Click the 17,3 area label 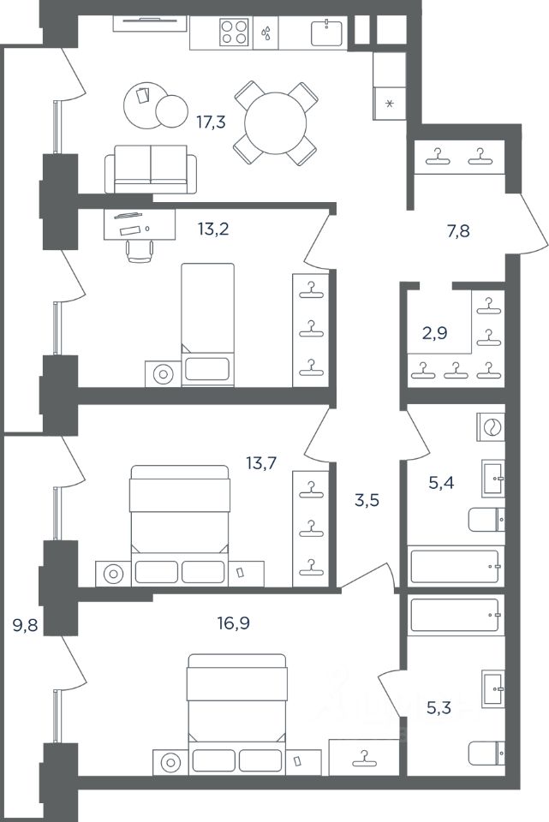click(x=211, y=122)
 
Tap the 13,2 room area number click(x=213, y=229)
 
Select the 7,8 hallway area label click(x=457, y=230)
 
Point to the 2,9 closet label click(x=435, y=333)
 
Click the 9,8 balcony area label click(x=25, y=625)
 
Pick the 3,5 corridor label click(x=367, y=500)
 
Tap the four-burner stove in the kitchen click(x=234, y=32)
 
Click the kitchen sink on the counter click(x=326, y=33)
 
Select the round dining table click(x=275, y=123)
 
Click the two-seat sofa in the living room click(x=151, y=170)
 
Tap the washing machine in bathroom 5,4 click(x=492, y=426)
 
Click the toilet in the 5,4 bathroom click(x=486, y=520)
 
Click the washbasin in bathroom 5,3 click(x=493, y=688)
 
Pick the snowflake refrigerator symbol click(x=389, y=104)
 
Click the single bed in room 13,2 click(x=207, y=325)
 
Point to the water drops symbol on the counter click(x=266, y=33)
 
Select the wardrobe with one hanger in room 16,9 click(x=364, y=756)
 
